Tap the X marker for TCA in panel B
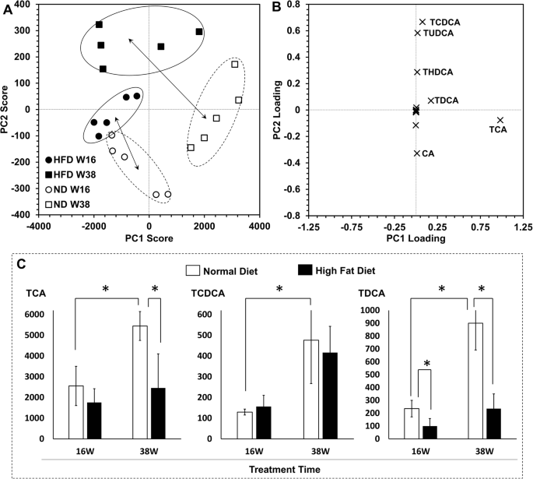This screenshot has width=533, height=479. (500, 120)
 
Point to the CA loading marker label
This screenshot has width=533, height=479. (429, 153)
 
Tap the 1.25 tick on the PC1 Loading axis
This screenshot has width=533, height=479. (522, 229)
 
